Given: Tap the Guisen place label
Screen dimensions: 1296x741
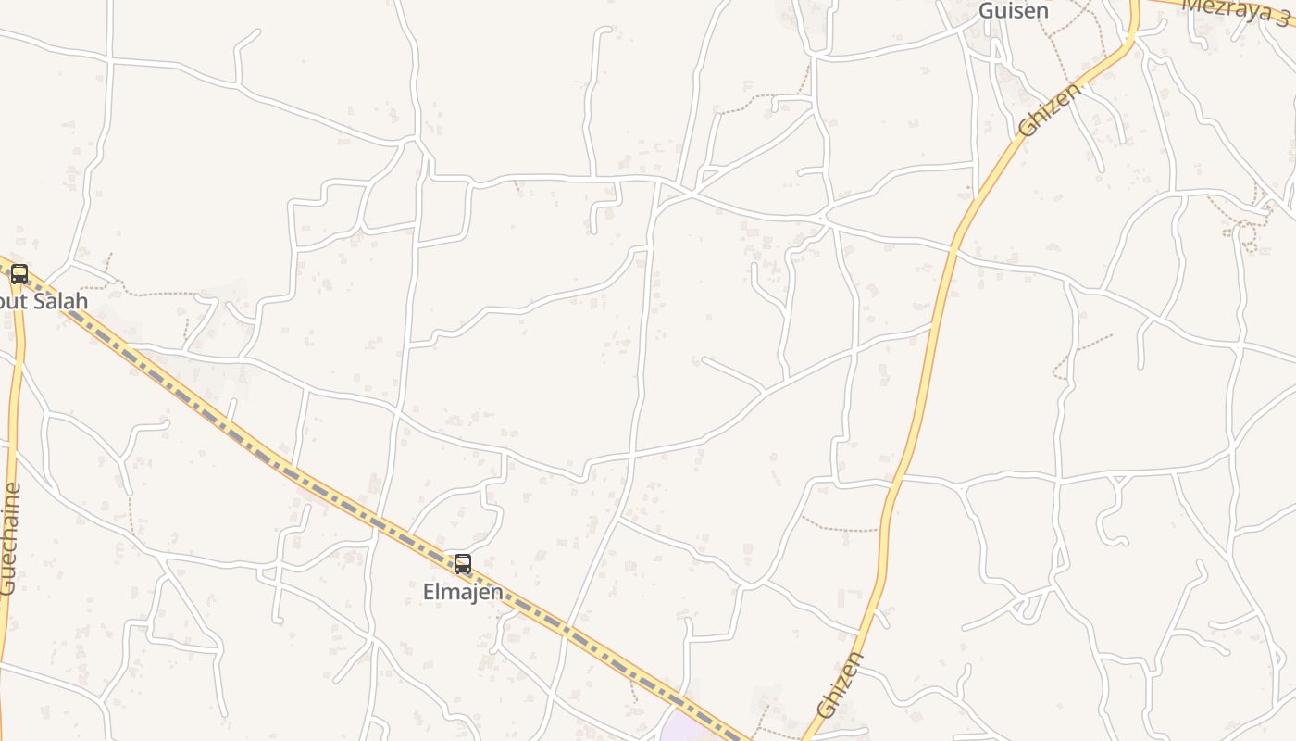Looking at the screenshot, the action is click(x=1014, y=11).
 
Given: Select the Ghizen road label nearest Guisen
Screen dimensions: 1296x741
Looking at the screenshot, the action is click(x=1049, y=110).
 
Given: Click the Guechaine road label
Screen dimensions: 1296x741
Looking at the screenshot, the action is click(x=9, y=538).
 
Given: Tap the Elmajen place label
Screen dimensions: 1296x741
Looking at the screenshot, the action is click(x=463, y=591).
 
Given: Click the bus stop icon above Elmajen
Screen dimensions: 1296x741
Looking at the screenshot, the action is click(x=462, y=563).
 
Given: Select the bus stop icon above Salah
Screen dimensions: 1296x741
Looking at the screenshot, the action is click(x=19, y=274).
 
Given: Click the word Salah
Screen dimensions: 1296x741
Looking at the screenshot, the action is click(x=60, y=301).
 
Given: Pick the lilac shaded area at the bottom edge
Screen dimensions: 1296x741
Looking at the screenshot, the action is click(x=690, y=727).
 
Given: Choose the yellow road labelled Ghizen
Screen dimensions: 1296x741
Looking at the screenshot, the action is click(x=926, y=370).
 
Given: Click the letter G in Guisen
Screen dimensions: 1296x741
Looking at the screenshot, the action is click(x=987, y=11).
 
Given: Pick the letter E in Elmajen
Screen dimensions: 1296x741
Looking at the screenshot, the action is click(x=430, y=591).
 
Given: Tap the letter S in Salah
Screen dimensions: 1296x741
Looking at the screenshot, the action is click(x=39, y=301).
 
